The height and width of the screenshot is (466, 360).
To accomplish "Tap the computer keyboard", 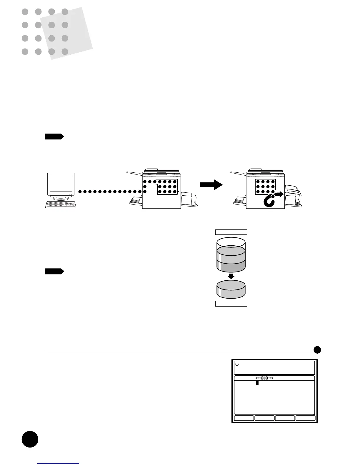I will [x=61, y=204].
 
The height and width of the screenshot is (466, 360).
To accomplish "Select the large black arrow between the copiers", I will [x=211, y=185].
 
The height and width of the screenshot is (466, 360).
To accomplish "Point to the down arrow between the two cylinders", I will [x=231, y=276].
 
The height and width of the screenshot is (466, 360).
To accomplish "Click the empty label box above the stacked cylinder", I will [x=231, y=232].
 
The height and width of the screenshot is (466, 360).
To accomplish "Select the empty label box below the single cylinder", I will [x=231, y=304].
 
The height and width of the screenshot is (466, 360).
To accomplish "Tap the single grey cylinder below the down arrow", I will [x=231, y=289].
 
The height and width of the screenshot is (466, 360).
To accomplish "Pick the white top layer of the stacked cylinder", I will [x=231, y=242].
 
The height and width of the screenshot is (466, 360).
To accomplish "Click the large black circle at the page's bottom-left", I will [x=30, y=439].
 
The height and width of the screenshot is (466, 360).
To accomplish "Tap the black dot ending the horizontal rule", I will [x=317, y=350].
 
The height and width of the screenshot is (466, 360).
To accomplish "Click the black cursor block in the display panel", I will [x=257, y=383].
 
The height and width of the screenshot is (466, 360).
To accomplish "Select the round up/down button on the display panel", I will [x=264, y=378].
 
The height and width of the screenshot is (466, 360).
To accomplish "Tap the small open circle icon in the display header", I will [x=237, y=364].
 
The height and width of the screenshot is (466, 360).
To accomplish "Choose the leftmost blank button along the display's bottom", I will [x=244, y=418].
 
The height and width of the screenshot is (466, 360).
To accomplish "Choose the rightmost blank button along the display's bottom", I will [x=306, y=418].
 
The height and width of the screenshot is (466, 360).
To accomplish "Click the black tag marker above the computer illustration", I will [x=54, y=137].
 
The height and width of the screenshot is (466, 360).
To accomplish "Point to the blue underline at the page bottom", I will [x=58, y=464].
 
